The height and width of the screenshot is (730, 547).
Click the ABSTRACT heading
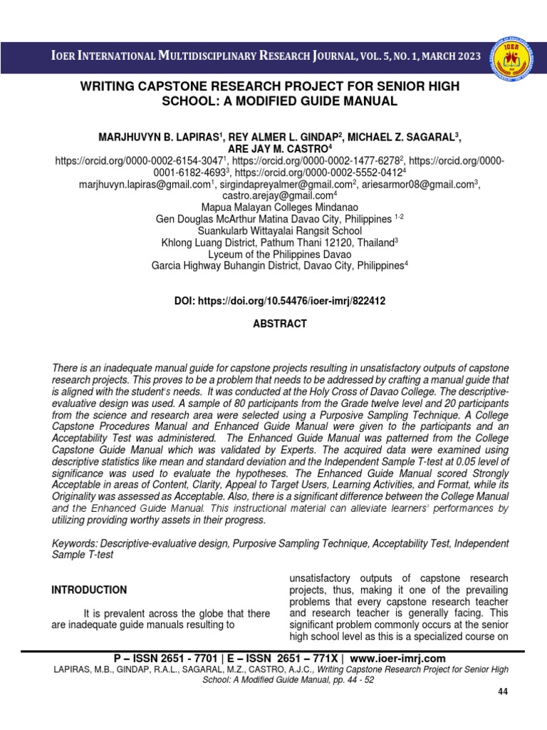point(280,324)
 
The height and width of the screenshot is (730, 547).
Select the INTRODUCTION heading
point(89,590)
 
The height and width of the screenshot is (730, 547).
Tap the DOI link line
point(280,302)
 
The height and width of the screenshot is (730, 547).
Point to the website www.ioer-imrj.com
point(397,658)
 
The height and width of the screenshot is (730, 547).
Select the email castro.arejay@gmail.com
point(278,195)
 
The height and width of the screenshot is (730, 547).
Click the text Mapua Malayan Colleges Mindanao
point(280,207)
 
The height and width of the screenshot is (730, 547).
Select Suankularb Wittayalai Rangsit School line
point(280,231)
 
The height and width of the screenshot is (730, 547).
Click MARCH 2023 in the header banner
point(442,56)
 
